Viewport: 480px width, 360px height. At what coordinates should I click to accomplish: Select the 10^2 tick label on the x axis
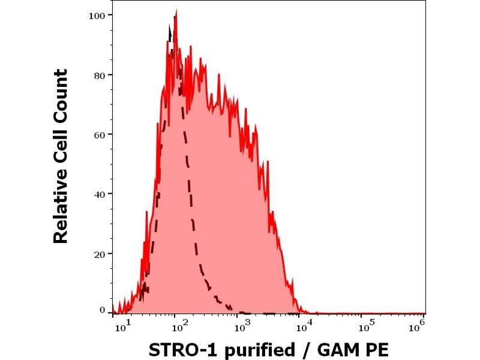(178, 326)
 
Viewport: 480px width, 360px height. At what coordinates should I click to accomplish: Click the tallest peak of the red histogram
(176, 11)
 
